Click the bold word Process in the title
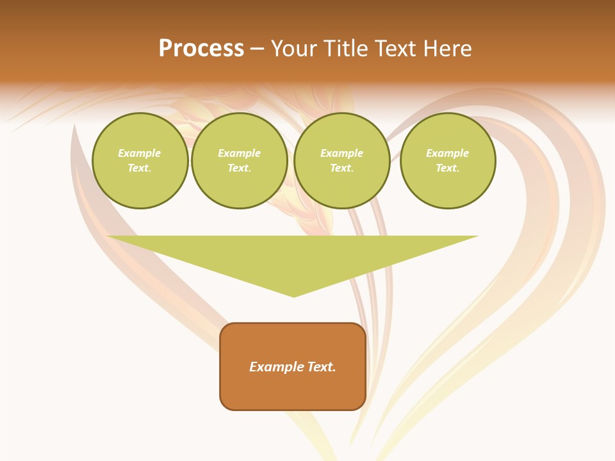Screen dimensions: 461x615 (x=201, y=49)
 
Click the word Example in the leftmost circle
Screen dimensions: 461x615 (x=140, y=153)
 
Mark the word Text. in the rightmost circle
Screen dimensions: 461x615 (x=448, y=168)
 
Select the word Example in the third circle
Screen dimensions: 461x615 (x=341, y=153)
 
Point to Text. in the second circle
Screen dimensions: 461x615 (x=240, y=168)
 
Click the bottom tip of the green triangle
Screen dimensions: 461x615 (x=293, y=295)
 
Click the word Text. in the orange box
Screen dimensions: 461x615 (x=322, y=367)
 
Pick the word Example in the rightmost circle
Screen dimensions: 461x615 (x=448, y=153)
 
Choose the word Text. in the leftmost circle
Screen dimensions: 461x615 (x=140, y=168)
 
